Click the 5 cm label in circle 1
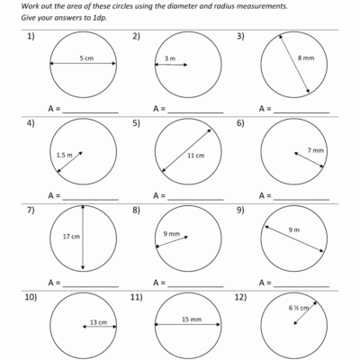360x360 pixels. click(86, 58)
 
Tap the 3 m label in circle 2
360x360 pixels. click(170, 59)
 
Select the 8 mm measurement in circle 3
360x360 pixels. click(306, 58)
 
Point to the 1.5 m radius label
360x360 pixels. click(64, 155)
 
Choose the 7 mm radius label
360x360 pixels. click(315, 149)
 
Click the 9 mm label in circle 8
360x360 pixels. click(171, 234)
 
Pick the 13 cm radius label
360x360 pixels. click(99, 322)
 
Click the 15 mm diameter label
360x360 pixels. click(189, 319)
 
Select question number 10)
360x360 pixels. click(33, 297)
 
